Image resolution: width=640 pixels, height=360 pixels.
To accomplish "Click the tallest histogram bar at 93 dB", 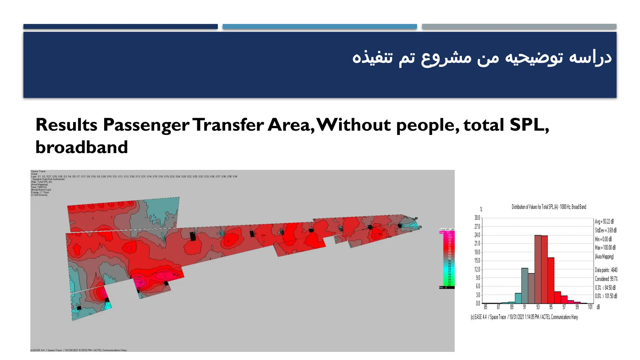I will coord(537,269).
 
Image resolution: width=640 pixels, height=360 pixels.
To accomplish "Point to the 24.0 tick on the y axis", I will coord(477,235).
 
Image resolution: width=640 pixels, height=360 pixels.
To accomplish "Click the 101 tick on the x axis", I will coord(590,307).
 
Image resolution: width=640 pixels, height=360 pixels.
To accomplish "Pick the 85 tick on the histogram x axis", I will coord(485,307).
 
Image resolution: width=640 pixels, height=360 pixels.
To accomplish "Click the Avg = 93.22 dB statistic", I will coord(604,222).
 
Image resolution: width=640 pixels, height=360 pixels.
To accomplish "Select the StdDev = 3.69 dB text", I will coord(606,230).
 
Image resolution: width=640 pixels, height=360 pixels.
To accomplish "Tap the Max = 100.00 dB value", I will coord(605,247).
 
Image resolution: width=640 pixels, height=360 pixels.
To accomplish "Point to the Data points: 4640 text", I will coord(606,270).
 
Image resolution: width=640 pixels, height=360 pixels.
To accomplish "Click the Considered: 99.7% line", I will coord(606,279).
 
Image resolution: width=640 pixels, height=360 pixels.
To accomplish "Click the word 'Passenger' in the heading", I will coord(146,125).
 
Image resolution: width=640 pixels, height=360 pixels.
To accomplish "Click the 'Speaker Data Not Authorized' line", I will coord(48,179).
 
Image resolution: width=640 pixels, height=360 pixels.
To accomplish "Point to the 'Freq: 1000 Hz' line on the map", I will coord(39,187).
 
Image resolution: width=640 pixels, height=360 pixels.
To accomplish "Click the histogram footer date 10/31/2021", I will coord(517,317).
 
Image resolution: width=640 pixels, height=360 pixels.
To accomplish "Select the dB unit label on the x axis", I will coord(598,307).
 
